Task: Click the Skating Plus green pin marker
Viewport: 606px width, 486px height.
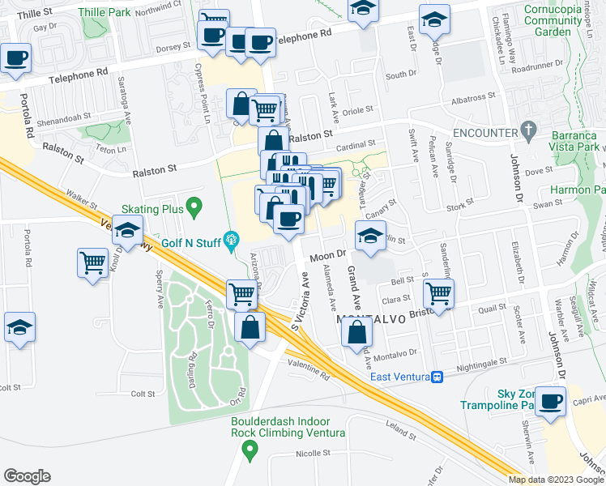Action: (x=194, y=208)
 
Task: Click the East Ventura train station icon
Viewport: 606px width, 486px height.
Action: (x=437, y=377)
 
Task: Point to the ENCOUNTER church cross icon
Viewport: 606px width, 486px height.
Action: (x=529, y=130)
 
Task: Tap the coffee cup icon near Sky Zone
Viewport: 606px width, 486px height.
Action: (x=552, y=401)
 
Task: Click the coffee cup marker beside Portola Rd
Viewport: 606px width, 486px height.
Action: (x=15, y=58)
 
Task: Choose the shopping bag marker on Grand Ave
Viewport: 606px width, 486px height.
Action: (x=357, y=330)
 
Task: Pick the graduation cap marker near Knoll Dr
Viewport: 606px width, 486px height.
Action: (x=126, y=231)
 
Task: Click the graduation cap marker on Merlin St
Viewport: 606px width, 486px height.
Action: (x=370, y=236)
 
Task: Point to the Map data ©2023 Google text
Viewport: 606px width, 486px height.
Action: (x=555, y=480)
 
